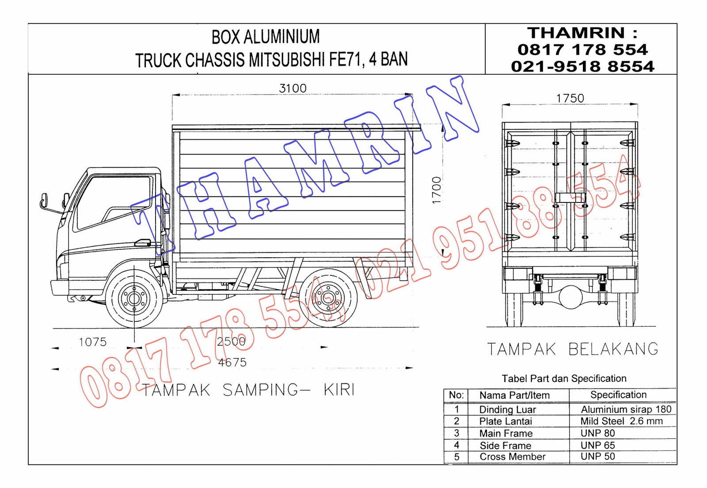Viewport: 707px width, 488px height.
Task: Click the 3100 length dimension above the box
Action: pos(293,88)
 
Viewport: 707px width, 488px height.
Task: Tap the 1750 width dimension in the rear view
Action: pos(570,98)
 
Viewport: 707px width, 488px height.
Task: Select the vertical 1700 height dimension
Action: pos(437,191)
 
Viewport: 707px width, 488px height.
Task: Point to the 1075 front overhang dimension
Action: pos(92,342)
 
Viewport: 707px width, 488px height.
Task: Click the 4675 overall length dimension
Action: pos(232,362)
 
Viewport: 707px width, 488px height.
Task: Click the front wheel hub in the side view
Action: pos(134,298)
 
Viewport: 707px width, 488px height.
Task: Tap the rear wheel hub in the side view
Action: pos(328,298)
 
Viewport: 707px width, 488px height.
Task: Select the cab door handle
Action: pos(142,242)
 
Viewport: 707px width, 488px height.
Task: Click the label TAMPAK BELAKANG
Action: pos(573,349)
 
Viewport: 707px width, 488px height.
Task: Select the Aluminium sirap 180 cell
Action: pos(626,409)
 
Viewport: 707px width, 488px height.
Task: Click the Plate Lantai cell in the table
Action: pos(506,421)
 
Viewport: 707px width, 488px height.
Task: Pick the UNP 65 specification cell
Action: pos(597,445)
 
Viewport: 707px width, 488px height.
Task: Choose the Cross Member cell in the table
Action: pos(512,457)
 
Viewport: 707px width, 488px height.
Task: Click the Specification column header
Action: pos(618,395)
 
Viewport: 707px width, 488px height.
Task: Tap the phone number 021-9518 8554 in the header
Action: pos(582,66)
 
